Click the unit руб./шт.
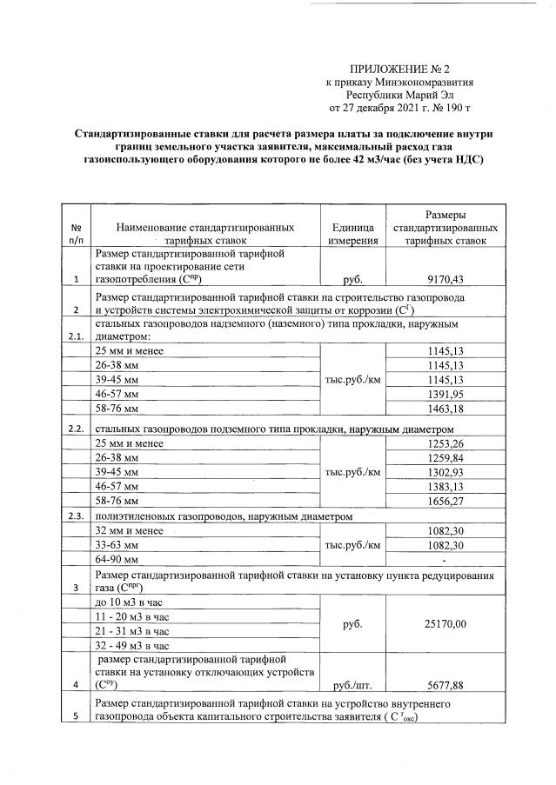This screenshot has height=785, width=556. [x=352, y=683]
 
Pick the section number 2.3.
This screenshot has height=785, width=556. [x=76, y=516]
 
